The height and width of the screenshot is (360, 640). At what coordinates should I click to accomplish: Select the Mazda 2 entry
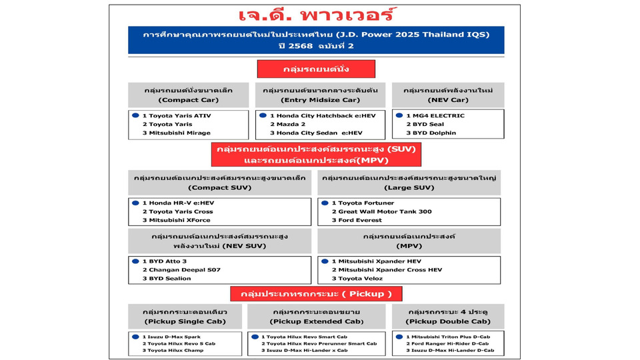coord(292,124)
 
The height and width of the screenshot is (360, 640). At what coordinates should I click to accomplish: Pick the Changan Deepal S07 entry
coord(184,270)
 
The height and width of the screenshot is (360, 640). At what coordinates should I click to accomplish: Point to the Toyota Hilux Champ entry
coord(176,350)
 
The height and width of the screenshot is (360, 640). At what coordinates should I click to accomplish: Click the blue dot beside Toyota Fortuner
coord(325,203)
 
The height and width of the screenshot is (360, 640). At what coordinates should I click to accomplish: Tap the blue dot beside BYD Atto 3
coord(135,261)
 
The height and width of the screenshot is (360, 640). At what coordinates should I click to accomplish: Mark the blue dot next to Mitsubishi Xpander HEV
coord(325,261)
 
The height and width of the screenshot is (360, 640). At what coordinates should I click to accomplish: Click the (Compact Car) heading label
coord(187,100)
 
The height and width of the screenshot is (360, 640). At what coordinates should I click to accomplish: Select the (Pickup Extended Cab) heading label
coord(316,321)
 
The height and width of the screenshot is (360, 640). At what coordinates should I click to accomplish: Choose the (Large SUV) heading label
coord(409,187)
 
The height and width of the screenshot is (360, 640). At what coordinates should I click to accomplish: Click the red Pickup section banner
coord(316,294)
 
